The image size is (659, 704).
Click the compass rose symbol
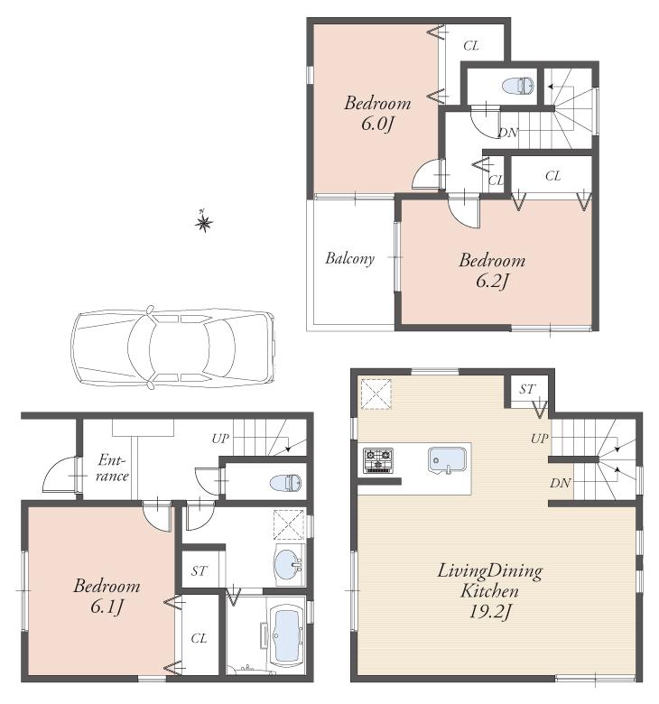(203, 220)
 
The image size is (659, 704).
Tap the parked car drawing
(172, 347)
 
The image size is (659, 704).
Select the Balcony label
(349, 258)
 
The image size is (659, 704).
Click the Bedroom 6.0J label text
(376, 113)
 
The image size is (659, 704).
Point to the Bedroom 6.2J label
(491, 270)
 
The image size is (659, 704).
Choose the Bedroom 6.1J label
(107, 595)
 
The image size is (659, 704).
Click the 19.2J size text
(490, 613)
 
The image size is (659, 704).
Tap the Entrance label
(113, 468)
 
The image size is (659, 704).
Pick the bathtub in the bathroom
(288, 636)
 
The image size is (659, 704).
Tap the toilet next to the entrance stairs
(286, 483)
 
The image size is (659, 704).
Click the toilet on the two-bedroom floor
(519, 87)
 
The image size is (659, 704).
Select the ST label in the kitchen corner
(526, 389)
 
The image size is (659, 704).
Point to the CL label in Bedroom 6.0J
(470, 45)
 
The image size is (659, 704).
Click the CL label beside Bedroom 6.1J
(199, 638)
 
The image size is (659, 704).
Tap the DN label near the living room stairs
(560, 484)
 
